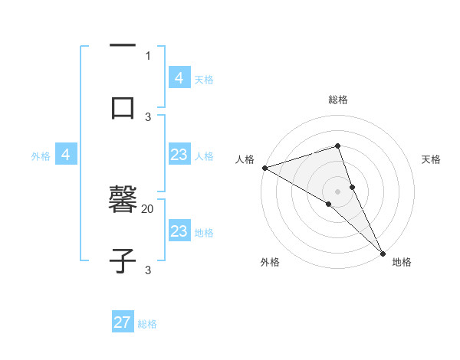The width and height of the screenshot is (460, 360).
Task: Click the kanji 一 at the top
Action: [123, 47]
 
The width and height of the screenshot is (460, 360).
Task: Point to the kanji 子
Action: [123, 260]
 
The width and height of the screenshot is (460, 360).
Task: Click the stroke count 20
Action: [148, 208]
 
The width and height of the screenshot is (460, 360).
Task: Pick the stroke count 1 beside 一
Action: [148, 55]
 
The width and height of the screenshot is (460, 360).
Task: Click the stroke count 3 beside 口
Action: [148, 116]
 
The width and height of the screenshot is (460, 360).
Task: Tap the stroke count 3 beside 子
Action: [148, 270]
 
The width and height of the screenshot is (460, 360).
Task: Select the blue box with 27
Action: [123, 322]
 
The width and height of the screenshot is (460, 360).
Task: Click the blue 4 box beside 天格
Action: [179, 78]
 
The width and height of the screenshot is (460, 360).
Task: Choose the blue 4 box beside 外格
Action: [66, 155]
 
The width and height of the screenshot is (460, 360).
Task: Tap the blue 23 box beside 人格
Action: [179, 155]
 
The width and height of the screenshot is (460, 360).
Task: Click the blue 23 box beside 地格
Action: [179, 231]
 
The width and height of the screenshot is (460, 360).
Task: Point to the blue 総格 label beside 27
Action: [147, 324]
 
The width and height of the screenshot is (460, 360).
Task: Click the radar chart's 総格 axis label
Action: [338, 100]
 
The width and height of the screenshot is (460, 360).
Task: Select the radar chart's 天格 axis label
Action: [431, 159]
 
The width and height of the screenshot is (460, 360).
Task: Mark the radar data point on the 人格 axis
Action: [264, 168]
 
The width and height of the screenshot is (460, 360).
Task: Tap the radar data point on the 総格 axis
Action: [338, 146]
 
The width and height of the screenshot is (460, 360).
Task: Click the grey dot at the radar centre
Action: [338, 190]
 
